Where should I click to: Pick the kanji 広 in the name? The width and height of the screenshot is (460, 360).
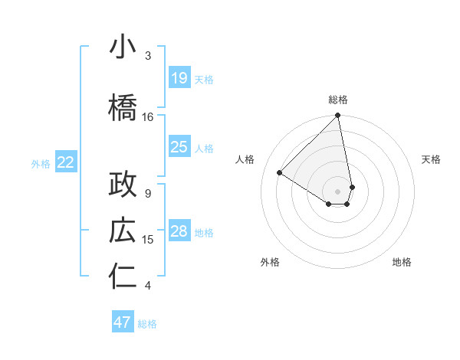(x=123, y=231)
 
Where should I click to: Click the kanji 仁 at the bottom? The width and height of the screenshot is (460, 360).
(x=123, y=277)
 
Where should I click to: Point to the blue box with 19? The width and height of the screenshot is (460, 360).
(x=179, y=78)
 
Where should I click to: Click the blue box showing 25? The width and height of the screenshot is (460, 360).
(x=179, y=147)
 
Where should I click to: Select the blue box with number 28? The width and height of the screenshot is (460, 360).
(x=179, y=231)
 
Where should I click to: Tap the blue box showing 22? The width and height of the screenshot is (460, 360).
(x=65, y=162)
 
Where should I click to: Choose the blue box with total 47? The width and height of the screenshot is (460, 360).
(x=123, y=322)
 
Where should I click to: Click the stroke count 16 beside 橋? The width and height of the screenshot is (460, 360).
(x=148, y=117)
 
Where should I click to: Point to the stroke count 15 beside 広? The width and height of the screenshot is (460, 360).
(x=148, y=240)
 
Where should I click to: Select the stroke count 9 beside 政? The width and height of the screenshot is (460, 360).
(x=148, y=193)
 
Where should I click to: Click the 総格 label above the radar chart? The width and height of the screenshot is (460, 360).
(x=338, y=100)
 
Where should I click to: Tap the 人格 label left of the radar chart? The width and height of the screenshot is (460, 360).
(x=245, y=159)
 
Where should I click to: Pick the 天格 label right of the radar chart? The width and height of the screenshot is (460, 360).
(x=432, y=159)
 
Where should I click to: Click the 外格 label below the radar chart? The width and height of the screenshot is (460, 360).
(x=269, y=262)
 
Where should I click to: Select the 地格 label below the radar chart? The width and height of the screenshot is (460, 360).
(x=402, y=262)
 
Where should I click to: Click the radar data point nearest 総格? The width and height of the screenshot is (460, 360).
(x=337, y=116)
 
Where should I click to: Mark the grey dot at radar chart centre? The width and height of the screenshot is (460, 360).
(x=337, y=191)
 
